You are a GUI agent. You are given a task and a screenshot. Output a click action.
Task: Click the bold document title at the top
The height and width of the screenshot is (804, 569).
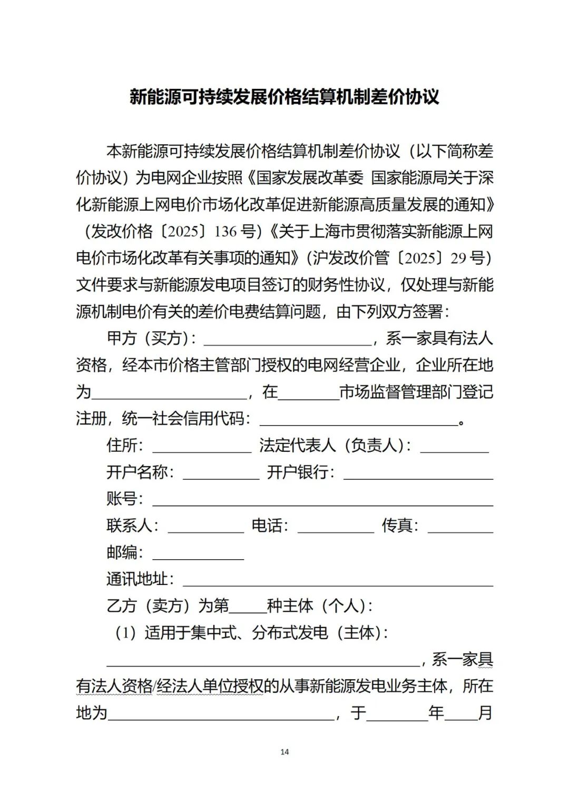(x=284, y=97)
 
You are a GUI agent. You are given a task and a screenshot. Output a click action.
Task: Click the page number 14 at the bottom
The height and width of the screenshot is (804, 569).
(x=284, y=752)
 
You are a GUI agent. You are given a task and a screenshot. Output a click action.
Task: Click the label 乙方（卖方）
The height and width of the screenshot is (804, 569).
(x=149, y=606)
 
